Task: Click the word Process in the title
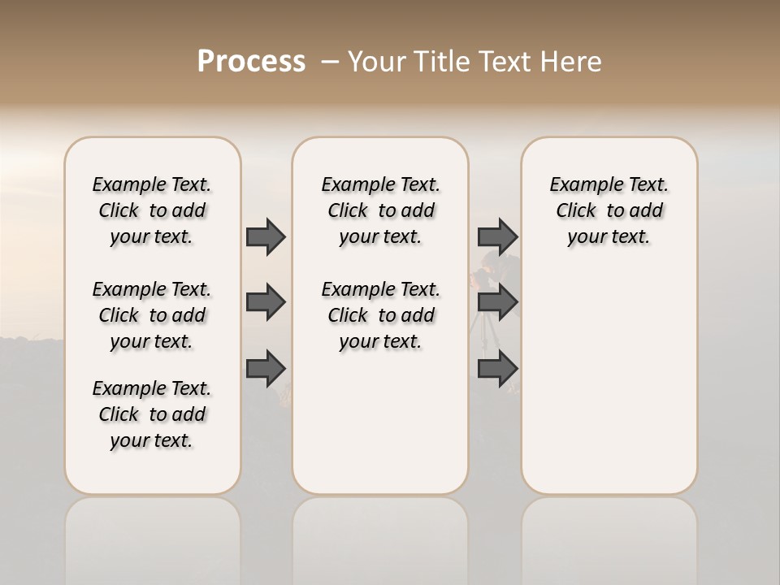tap(251, 62)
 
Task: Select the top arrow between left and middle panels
tap(266, 236)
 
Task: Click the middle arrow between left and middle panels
tap(266, 302)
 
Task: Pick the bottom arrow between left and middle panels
tap(266, 369)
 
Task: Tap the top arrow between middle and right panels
tap(497, 236)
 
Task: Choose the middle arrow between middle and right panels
tap(497, 302)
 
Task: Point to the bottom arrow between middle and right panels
tap(497, 369)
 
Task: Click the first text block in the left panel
tap(152, 210)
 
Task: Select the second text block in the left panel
tap(152, 315)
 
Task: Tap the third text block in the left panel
tap(152, 414)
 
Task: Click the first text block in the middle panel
tap(380, 210)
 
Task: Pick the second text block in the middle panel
tap(380, 315)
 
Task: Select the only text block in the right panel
tap(609, 210)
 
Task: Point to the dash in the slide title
tap(330, 62)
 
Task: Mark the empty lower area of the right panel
tap(609, 382)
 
